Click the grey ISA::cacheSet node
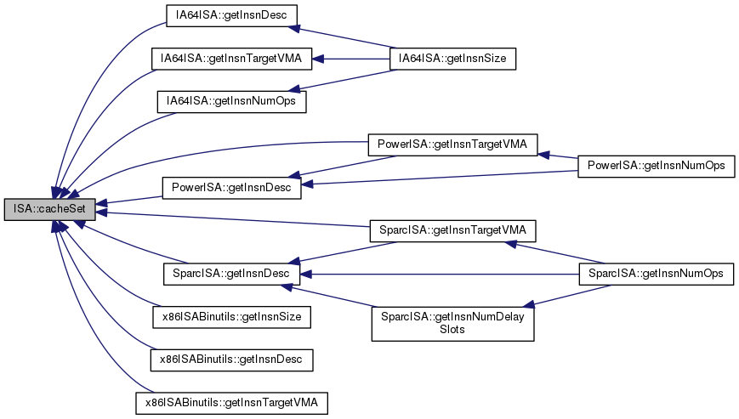(x=48, y=208)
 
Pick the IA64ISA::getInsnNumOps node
(x=230, y=100)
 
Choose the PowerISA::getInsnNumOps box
(x=655, y=167)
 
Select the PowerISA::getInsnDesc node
(x=231, y=187)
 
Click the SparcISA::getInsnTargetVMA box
(x=452, y=229)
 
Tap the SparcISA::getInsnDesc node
(x=230, y=274)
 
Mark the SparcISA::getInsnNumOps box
(x=656, y=274)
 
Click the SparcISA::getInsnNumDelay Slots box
(x=452, y=323)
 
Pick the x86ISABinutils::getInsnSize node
(x=230, y=317)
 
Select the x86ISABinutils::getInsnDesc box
(x=231, y=360)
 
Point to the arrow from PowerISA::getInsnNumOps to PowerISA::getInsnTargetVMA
(x=557, y=156)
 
